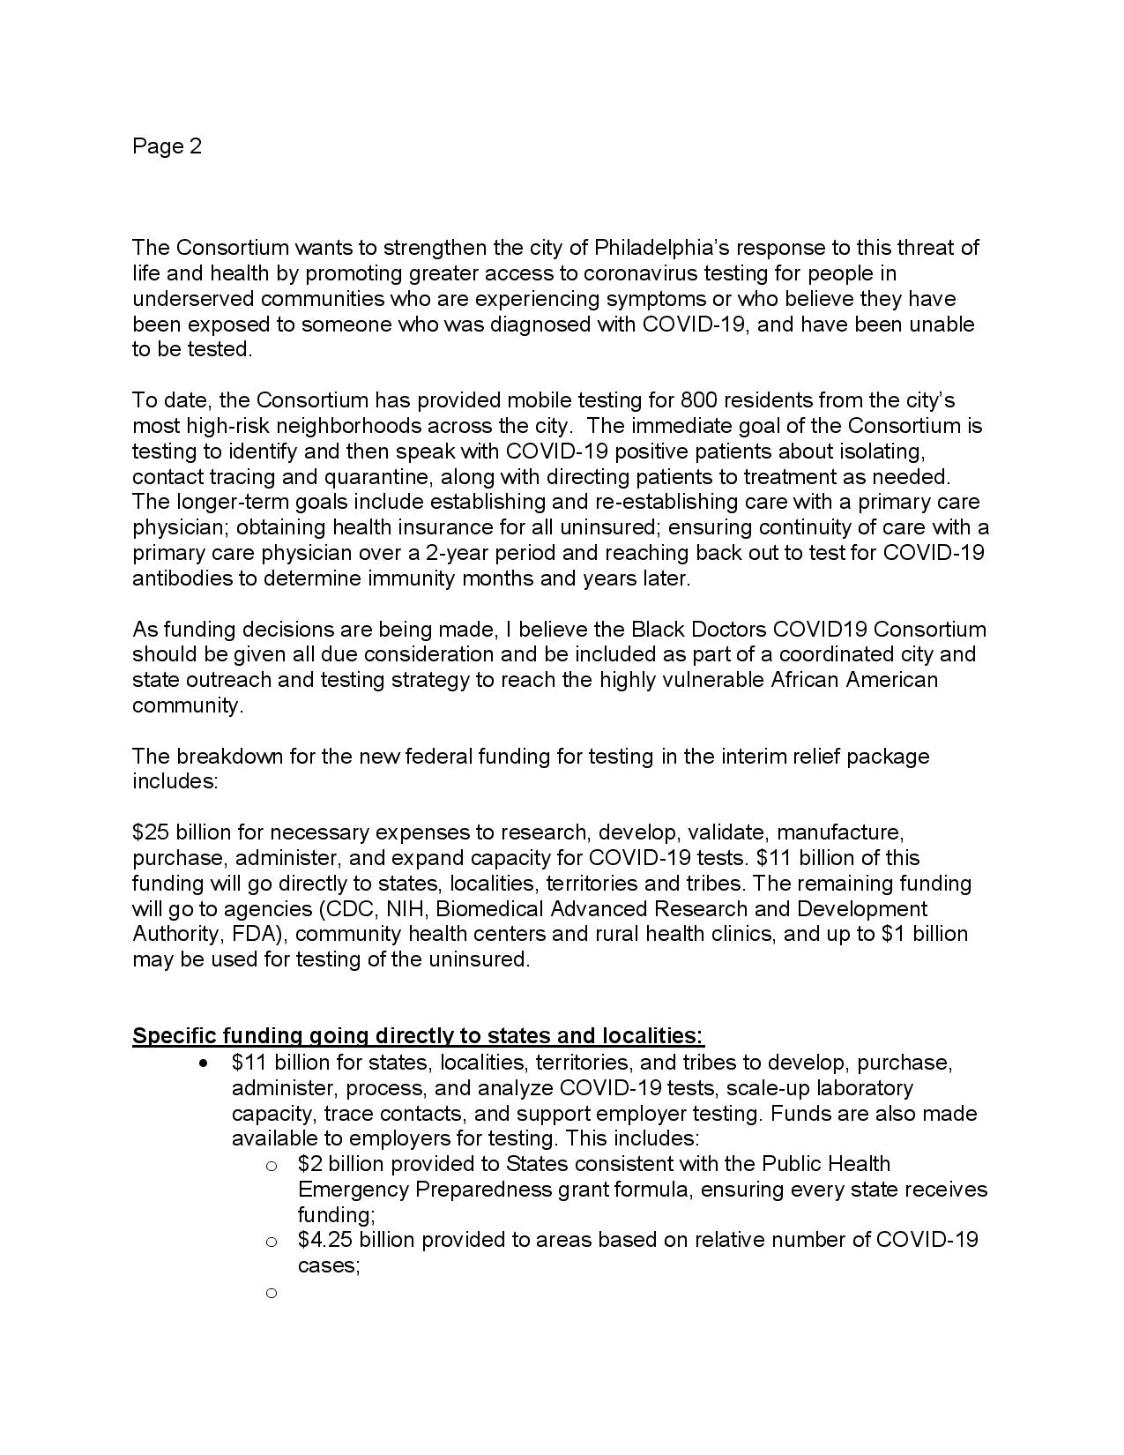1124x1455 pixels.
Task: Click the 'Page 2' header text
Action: tap(167, 146)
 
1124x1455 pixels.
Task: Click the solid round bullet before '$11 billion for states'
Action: tap(205, 1063)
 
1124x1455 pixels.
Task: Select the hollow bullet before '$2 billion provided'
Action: tap(272, 1166)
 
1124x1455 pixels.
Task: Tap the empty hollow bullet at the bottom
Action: tap(272, 1293)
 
